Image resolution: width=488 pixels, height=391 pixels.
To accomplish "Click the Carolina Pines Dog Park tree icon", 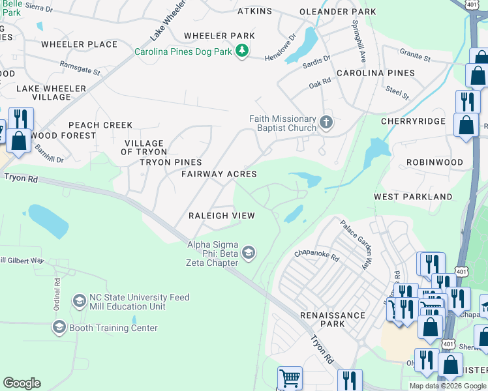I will tap(242, 51).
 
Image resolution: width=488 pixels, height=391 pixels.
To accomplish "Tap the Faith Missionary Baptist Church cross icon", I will tap(326, 122).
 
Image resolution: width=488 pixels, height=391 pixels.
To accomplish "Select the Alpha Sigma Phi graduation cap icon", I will tap(248, 252).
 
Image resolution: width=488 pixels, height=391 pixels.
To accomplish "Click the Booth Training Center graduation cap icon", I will tap(59, 327).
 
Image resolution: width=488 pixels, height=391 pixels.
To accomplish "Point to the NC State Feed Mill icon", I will tap(79, 301).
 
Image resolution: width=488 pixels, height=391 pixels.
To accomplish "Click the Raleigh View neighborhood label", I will tap(221, 216).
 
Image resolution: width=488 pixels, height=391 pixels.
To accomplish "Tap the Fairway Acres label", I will tap(219, 174).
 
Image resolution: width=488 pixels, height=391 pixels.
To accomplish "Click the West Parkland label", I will tap(413, 196).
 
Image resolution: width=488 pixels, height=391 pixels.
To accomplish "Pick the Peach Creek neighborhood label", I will tap(100, 124).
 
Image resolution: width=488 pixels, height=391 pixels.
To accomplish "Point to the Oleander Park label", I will tap(337, 12).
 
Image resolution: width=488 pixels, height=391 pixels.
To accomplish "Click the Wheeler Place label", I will tap(79, 44).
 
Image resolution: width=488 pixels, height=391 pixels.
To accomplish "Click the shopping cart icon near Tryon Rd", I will tap(290, 377).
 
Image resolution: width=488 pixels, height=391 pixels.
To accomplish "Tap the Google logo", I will tap(22, 383).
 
